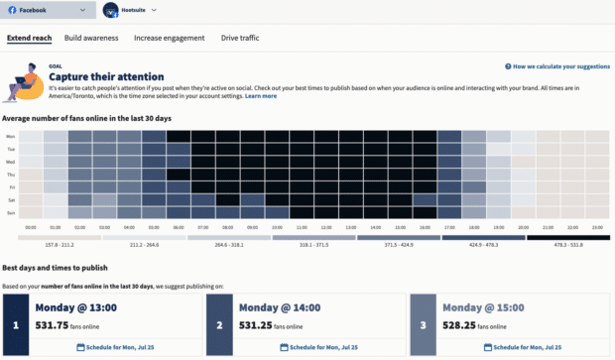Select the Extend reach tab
(29, 38)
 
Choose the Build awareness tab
(91, 38)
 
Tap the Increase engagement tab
(170, 38)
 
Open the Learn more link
(261, 96)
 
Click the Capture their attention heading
(106, 76)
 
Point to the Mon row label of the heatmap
(10, 137)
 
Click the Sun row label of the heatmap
(10, 211)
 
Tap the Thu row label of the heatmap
(10, 174)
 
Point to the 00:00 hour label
(31, 227)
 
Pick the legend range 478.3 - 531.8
(568, 244)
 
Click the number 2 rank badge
(218, 324)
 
